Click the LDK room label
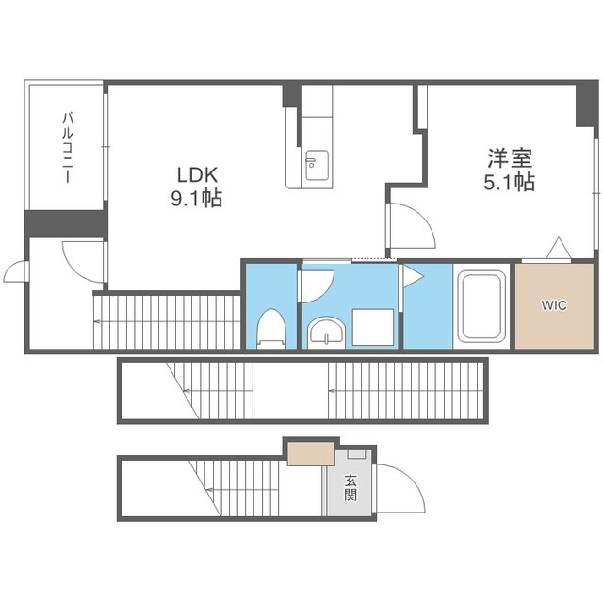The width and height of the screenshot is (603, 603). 198,174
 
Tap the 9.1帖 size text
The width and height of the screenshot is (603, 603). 198,199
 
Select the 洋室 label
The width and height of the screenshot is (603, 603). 509,156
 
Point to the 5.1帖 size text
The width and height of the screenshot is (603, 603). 509,181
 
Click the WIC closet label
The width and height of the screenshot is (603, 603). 554,305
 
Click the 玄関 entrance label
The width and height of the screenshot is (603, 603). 350,487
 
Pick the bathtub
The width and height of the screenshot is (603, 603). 482,306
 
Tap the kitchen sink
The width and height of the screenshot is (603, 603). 316,167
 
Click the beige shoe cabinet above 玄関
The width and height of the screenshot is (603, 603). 312,453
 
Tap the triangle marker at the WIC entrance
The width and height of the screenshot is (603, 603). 559,248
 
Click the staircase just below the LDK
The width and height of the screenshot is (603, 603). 167,320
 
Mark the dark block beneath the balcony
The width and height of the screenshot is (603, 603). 65,223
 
